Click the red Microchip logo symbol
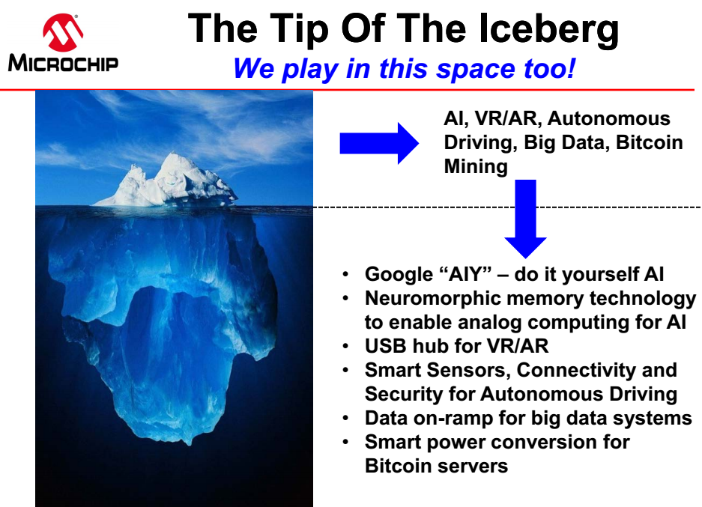pos(63,31)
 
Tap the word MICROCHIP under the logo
pos(63,63)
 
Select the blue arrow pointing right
pos(379,143)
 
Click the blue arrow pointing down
pos(526,219)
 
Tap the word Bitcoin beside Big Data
pos(649,142)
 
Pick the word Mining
pos(476,167)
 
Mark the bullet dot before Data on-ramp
pos(345,419)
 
